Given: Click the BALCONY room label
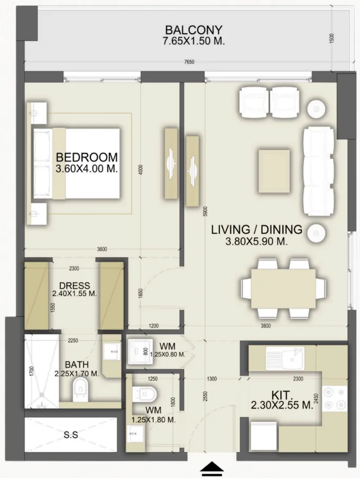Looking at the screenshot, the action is (193, 30).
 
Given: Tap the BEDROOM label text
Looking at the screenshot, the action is (87, 157).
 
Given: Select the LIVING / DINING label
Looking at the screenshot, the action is (256, 230).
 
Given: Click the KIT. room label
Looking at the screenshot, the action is (282, 396).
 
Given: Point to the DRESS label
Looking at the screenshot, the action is (75, 286).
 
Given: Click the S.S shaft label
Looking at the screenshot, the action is (71, 435).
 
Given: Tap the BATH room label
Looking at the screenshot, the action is (77, 364).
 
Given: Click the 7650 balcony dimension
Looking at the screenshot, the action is (189, 62).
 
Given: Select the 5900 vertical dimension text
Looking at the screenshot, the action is (205, 211).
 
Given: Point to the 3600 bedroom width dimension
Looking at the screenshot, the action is (102, 249).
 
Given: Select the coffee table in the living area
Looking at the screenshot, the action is (274, 171).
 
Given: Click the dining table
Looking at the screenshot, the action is (283, 289).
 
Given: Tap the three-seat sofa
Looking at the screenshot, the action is (317, 171).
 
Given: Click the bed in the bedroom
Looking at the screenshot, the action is (76, 163).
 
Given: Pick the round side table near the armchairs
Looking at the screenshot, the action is (316, 108).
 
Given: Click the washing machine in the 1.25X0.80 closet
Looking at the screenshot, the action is (140, 351).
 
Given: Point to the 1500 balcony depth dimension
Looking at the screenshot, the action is (332, 38).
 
